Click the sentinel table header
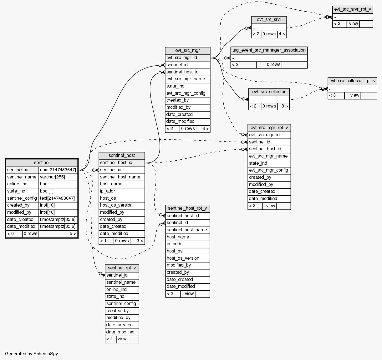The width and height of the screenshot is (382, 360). [x=42, y=162]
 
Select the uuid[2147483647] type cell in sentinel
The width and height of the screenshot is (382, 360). [x=58, y=170]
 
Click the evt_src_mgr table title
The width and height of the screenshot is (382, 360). [x=187, y=51]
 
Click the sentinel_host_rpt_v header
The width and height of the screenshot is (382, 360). [x=187, y=208]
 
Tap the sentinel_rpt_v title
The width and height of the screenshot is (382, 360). [x=122, y=268]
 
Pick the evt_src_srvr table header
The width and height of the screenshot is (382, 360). [x=269, y=20]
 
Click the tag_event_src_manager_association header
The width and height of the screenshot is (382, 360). [x=269, y=50]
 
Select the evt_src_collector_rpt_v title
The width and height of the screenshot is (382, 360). [x=352, y=81]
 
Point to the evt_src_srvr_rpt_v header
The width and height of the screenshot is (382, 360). [x=353, y=9]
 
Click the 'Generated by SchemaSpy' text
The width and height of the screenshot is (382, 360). [x=32, y=354]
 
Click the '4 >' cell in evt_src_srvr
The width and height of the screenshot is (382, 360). [x=282, y=34]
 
